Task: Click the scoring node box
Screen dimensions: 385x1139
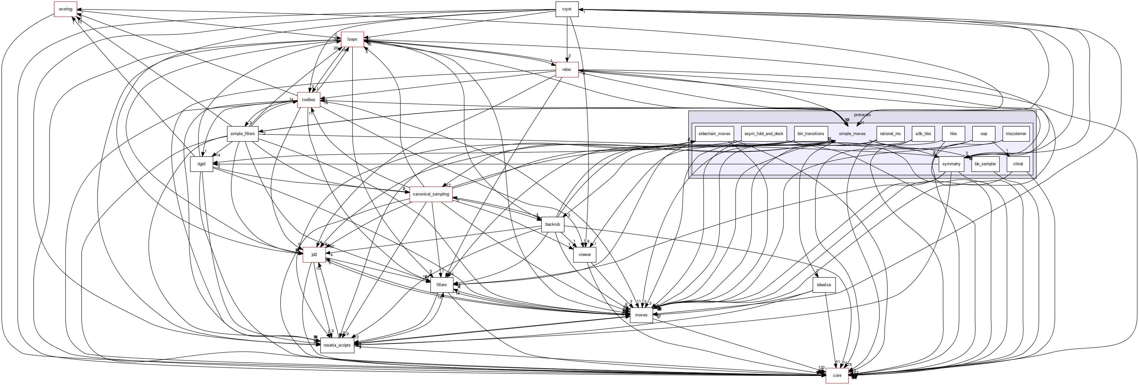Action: click(66, 9)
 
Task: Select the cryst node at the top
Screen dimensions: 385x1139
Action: click(567, 9)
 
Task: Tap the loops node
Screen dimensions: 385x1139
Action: click(352, 39)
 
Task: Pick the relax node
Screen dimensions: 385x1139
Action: click(567, 69)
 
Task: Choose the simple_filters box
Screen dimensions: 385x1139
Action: click(243, 133)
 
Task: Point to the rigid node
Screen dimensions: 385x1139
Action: click(201, 164)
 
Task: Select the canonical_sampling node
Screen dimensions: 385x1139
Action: click(431, 194)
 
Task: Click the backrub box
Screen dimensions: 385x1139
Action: click(552, 224)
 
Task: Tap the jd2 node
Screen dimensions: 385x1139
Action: click(314, 255)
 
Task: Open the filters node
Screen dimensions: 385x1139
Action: click(441, 285)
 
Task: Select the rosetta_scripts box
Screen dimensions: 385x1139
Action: click(337, 345)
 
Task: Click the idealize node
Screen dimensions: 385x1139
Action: click(824, 285)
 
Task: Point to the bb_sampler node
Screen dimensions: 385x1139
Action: click(985, 164)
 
